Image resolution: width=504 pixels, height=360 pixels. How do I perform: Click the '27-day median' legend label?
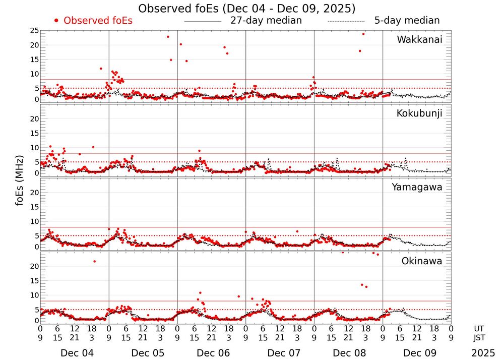click(x=266, y=21)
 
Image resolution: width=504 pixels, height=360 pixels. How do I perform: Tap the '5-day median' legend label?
click(x=407, y=21)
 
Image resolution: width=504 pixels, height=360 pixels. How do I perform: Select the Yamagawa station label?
click(x=417, y=187)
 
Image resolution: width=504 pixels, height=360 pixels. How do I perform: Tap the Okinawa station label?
click(x=422, y=261)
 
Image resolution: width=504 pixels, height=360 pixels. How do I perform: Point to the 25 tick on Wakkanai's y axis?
click(x=34, y=31)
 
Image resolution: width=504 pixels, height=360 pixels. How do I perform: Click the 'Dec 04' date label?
click(x=74, y=353)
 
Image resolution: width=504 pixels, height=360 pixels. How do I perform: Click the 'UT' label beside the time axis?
click(x=480, y=328)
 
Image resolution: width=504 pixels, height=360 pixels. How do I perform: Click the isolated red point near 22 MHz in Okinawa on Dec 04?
click(x=94, y=261)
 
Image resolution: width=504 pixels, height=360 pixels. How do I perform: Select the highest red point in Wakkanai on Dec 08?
click(x=363, y=34)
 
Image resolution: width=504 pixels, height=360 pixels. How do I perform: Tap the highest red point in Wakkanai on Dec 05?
click(x=168, y=37)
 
